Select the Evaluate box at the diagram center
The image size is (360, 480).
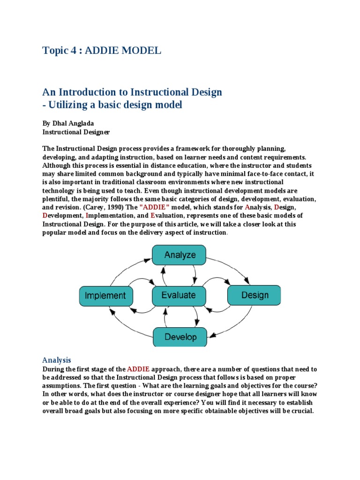tap(179, 295)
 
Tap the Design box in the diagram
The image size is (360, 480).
tap(255, 295)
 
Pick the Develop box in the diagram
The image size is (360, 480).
tap(180, 337)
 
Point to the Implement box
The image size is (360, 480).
tap(105, 295)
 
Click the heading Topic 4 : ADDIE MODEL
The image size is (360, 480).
tap(102, 51)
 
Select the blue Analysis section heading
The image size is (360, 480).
tap(56, 360)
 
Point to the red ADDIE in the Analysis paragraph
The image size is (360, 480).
tap(138, 369)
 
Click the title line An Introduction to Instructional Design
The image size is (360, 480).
tap(132, 92)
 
